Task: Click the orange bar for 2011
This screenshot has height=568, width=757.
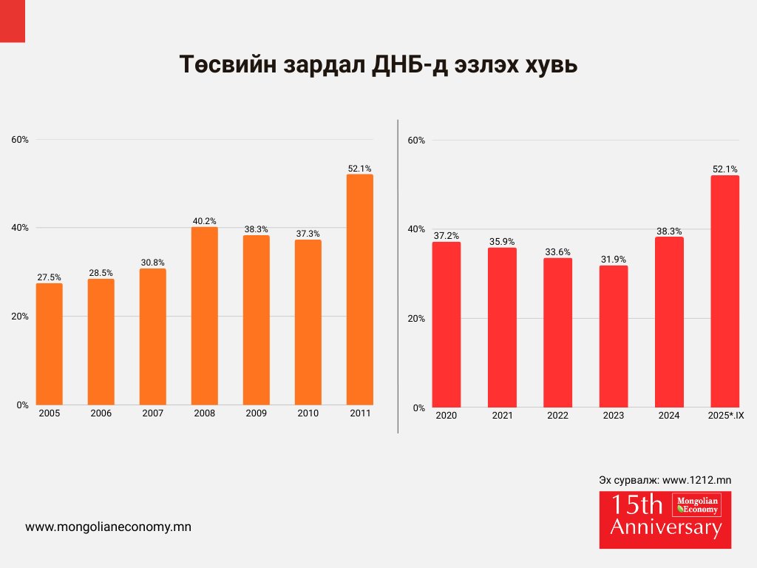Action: tap(359, 290)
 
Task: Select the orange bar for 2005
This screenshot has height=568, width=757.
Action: tap(50, 344)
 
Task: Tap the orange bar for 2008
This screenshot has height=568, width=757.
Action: tap(205, 316)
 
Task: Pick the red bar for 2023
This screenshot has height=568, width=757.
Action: tap(614, 337)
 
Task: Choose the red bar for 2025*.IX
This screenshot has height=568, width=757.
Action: tap(724, 291)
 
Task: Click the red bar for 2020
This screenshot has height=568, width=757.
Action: tap(447, 325)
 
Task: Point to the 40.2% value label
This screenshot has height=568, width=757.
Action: tap(205, 220)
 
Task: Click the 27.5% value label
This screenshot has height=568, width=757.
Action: tap(50, 277)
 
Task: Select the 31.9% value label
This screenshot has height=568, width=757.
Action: tap(614, 259)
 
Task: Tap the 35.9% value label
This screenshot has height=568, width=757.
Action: tap(502, 241)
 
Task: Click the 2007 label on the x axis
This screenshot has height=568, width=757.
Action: tap(153, 413)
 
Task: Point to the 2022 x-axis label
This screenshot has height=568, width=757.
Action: tap(558, 416)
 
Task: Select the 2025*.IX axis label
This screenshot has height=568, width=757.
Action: tap(724, 416)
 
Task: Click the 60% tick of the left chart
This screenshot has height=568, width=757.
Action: tap(19, 139)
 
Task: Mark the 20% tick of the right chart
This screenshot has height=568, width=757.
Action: tap(416, 319)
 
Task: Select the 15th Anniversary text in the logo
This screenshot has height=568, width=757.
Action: tap(639, 517)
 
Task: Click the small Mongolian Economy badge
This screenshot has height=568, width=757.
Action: tap(696, 505)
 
